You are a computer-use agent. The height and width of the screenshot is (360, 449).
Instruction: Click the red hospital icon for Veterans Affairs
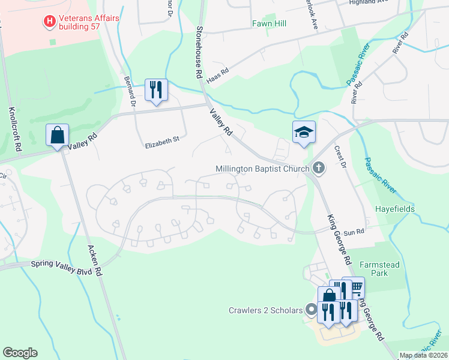(x=50, y=22)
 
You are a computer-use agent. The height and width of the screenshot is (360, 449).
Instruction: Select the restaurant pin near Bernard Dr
(x=156, y=91)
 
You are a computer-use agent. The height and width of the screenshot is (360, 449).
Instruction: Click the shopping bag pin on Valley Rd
(x=57, y=136)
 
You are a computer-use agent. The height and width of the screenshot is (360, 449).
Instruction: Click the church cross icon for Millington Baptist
(x=318, y=169)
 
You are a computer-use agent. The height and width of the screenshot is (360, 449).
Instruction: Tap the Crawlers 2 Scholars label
(x=266, y=310)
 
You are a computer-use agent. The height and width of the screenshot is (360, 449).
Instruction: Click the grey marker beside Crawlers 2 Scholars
(x=311, y=310)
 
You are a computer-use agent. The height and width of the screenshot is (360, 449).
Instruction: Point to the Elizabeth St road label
(x=162, y=142)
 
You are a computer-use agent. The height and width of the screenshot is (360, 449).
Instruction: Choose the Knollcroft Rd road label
(x=14, y=129)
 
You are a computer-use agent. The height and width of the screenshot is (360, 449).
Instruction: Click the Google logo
(x=20, y=353)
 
